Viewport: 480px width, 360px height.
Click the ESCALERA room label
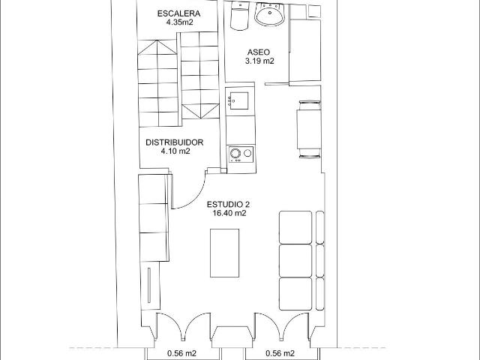[x=178, y=13]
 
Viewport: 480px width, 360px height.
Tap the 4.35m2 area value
[x=179, y=22]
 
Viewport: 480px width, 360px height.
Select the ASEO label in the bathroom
[x=259, y=52]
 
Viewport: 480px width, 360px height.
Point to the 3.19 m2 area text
[x=259, y=61]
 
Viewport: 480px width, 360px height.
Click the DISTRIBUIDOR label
[x=175, y=142]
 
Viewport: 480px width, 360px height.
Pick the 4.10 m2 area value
[x=175, y=151]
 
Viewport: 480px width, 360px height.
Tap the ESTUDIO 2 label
[x=226, y=205]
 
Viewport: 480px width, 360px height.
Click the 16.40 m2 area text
[x=229, y=213]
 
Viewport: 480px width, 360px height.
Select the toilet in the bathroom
[x=239, y=16]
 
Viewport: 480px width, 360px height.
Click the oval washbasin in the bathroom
[x=270, y=14]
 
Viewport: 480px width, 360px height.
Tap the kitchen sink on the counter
[x=238, y=100]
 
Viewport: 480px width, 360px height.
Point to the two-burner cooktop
[x=241, y=154]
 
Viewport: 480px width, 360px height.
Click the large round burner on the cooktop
[x=235, y=153]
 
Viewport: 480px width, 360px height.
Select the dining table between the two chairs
[x=309, y=129]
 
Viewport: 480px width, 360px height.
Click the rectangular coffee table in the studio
[x=225, y=253]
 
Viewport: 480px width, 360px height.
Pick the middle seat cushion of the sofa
[x=295, y=260]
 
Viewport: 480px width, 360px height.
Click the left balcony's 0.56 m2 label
[x=181, y=353]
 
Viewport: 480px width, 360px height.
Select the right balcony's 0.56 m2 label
[x=280, y=353]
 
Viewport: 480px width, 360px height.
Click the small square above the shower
[x=314, y=10]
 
